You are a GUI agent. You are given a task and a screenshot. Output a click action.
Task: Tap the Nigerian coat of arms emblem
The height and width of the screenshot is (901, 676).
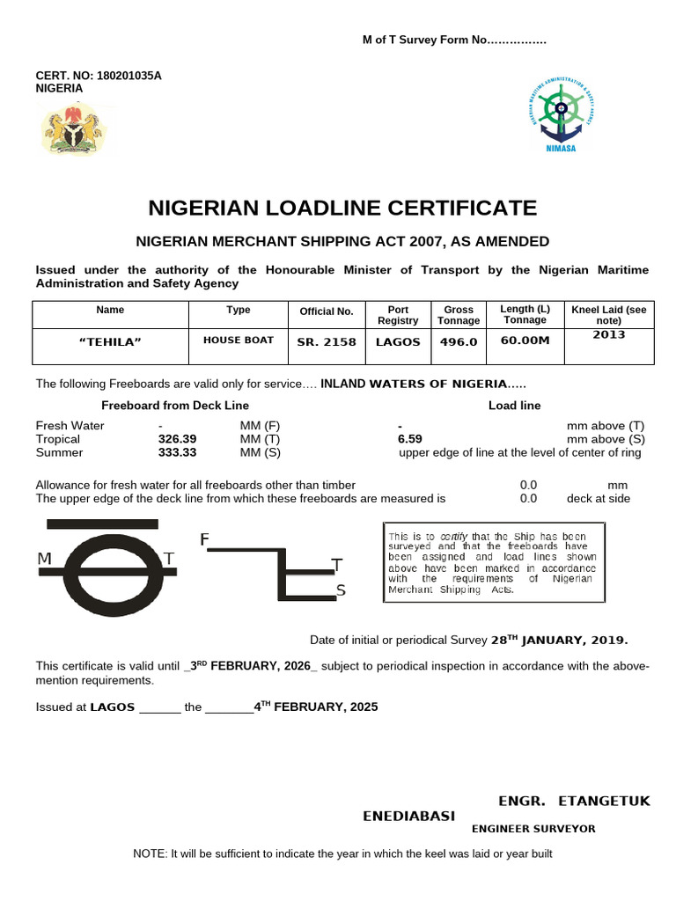pos(72,129)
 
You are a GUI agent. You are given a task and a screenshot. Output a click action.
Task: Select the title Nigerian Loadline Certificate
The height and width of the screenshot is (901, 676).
pos(342,208)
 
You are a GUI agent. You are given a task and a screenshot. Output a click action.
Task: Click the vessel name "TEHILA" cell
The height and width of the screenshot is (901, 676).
pos(110,342)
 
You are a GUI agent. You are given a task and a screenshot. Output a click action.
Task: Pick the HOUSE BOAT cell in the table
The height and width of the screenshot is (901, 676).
pos(238,340)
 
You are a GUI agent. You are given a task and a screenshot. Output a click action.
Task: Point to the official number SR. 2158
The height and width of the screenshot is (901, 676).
pos(326,342)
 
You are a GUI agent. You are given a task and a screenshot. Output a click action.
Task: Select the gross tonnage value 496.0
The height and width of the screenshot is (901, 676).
pos(459,342)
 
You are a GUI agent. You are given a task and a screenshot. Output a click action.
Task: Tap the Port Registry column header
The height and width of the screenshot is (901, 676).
pos(398,315)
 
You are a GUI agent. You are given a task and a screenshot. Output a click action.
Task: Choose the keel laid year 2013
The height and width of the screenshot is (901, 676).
pos(608,335)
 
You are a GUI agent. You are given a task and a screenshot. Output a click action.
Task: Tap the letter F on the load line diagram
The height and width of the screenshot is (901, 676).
pos(204,538)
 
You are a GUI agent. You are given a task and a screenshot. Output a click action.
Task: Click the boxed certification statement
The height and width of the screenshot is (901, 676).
pos(495,562)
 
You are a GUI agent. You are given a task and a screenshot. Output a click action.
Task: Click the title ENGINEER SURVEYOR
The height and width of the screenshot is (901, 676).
pos(533,829)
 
